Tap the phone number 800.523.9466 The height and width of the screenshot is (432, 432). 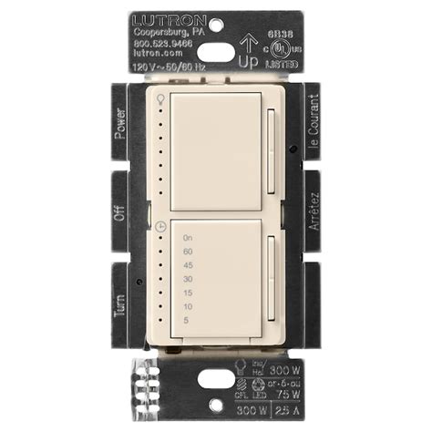pos(164,43)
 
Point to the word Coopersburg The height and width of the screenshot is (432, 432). pos(157,32)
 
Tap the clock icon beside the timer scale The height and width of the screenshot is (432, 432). pos(161,225)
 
